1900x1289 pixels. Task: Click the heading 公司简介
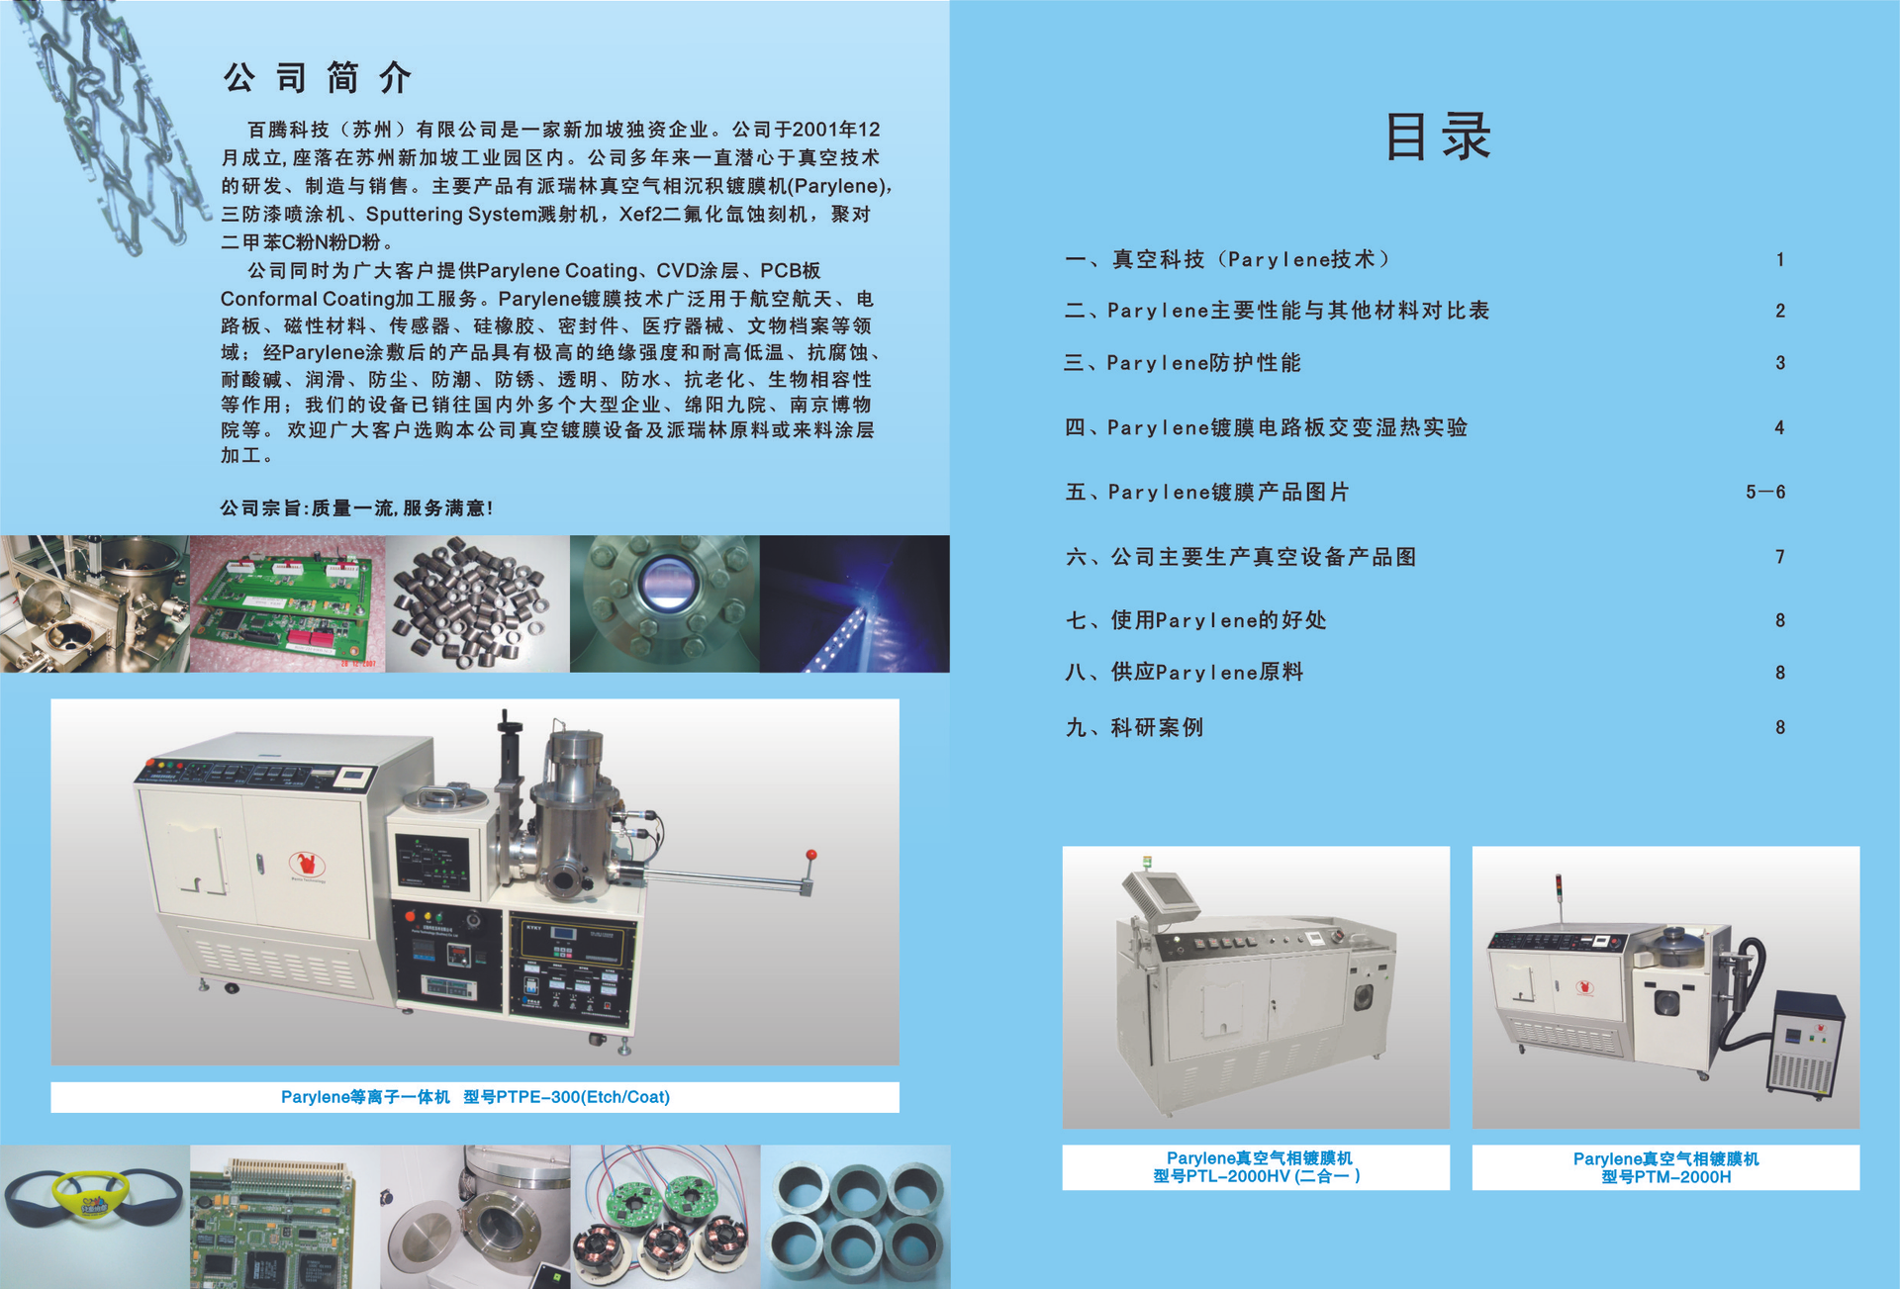coord(317,77)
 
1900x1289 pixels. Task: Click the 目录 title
coord(1437,136)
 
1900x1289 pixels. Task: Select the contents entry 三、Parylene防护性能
coord(1183,363)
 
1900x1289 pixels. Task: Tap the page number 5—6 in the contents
coord(1765,492)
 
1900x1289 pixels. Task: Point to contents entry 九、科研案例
coord(1134,727)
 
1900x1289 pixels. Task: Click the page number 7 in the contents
coord(1779,557)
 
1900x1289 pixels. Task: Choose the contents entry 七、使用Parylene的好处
coord(1195,620)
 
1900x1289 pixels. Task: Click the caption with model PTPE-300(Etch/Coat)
coord(475,1097)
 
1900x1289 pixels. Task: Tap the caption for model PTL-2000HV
coord(1257,1167)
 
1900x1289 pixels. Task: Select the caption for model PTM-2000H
coord(1666,1167)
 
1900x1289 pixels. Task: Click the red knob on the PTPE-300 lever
coord(811,855)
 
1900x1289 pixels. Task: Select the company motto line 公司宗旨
coord(356,507)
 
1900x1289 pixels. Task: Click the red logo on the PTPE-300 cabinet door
coord(307,864)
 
